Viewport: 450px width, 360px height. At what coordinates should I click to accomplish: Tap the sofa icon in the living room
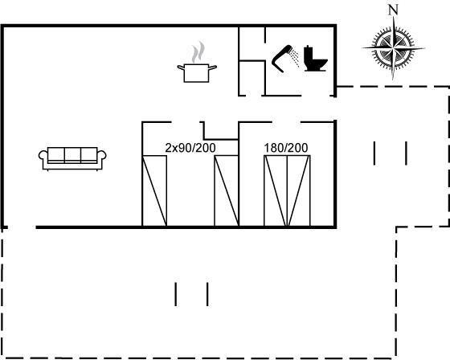click(x=72, y=159)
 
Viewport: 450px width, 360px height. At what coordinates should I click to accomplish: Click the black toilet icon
click(x=315, y=59)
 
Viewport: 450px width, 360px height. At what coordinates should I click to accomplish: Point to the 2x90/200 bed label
click(x=190, y=148)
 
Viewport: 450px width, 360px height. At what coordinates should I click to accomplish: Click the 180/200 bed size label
click(x=286, y=148)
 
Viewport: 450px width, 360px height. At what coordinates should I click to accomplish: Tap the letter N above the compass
click(x=393, y=10)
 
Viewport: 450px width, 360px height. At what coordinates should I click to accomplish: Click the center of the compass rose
click(x=393, y=48)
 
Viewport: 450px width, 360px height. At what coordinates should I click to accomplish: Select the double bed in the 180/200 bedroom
click(x=287, y=191)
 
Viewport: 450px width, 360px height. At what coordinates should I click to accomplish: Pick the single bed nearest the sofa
click(x=154, y=191)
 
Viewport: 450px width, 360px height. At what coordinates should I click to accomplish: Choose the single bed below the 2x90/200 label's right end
click(x=227, y=191)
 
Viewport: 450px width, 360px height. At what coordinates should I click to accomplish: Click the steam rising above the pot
click(x=198, y=52)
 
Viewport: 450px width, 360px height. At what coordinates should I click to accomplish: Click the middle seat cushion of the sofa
click(x=72, y=155)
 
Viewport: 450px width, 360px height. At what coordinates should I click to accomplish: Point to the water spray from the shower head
click(x=294, y=58)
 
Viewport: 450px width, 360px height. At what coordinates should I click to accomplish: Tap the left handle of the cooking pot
click(x=181, y=67)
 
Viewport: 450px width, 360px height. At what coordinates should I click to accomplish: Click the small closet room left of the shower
click(x=252, y=78)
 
